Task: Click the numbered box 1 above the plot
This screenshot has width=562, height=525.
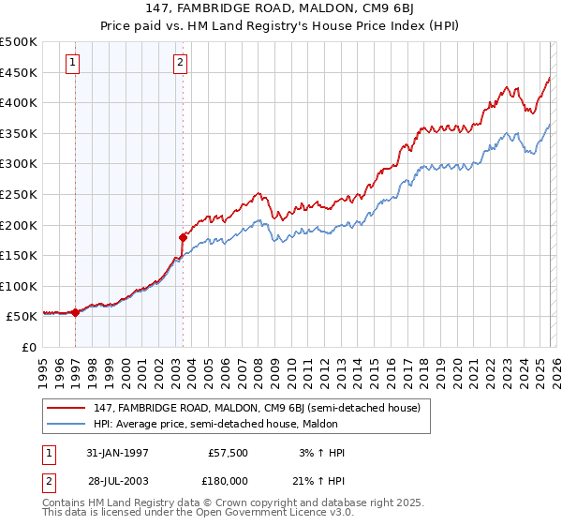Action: pos(73,64)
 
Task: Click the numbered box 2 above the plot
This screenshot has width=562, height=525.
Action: pos(180,64)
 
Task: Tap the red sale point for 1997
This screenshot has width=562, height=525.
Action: pos(75,313)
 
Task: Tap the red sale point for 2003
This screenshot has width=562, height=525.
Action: pos(183,237)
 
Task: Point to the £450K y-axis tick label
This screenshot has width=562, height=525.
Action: pos(19,72)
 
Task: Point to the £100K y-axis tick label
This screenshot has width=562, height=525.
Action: pos(19,286)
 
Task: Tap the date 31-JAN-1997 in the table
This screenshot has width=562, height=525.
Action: pos(117,453)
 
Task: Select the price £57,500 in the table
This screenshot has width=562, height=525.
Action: pos(229,453)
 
